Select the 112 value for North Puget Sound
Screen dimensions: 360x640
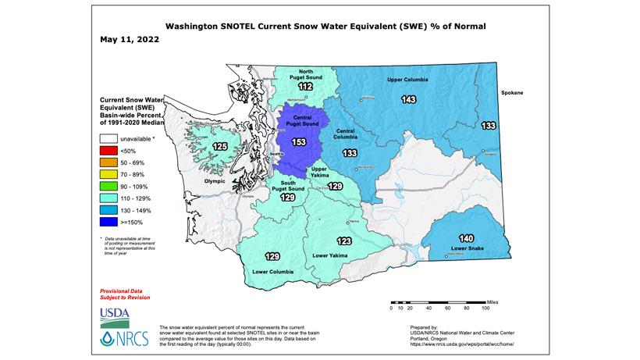[305, 87]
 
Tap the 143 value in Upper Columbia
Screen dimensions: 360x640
[408, 100]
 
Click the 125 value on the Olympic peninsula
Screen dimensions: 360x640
[221, 146]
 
